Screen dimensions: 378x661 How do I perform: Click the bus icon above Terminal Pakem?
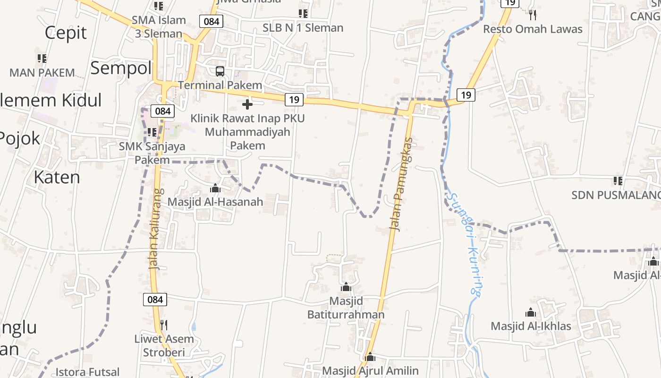coord(220,71)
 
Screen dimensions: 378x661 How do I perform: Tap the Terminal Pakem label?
coord(220,86)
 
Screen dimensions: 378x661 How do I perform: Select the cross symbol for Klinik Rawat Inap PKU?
coord(247,104)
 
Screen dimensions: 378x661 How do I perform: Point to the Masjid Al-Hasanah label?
coord(215,202)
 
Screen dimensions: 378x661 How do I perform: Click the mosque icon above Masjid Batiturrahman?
coord(346,287)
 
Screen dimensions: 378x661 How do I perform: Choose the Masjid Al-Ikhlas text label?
coord(531,326)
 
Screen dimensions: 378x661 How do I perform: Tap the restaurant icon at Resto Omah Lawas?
coord(533,15)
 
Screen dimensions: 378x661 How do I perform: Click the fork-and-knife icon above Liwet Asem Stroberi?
coord(164,325)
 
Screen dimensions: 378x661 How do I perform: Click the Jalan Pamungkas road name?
coord(401,184)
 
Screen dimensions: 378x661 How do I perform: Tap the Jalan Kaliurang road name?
coord(157,229)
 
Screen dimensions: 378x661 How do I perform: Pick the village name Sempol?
coord(121,68)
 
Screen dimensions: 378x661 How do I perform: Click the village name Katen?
coord(57,177)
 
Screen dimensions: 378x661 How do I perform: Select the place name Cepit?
coord(66,33)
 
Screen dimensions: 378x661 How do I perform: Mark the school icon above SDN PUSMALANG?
coord(618,180)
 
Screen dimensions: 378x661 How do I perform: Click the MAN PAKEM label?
coord(42,73)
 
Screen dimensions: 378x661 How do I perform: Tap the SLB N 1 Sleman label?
coord(303,28)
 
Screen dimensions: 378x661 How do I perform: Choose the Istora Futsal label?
coord(88,372)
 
